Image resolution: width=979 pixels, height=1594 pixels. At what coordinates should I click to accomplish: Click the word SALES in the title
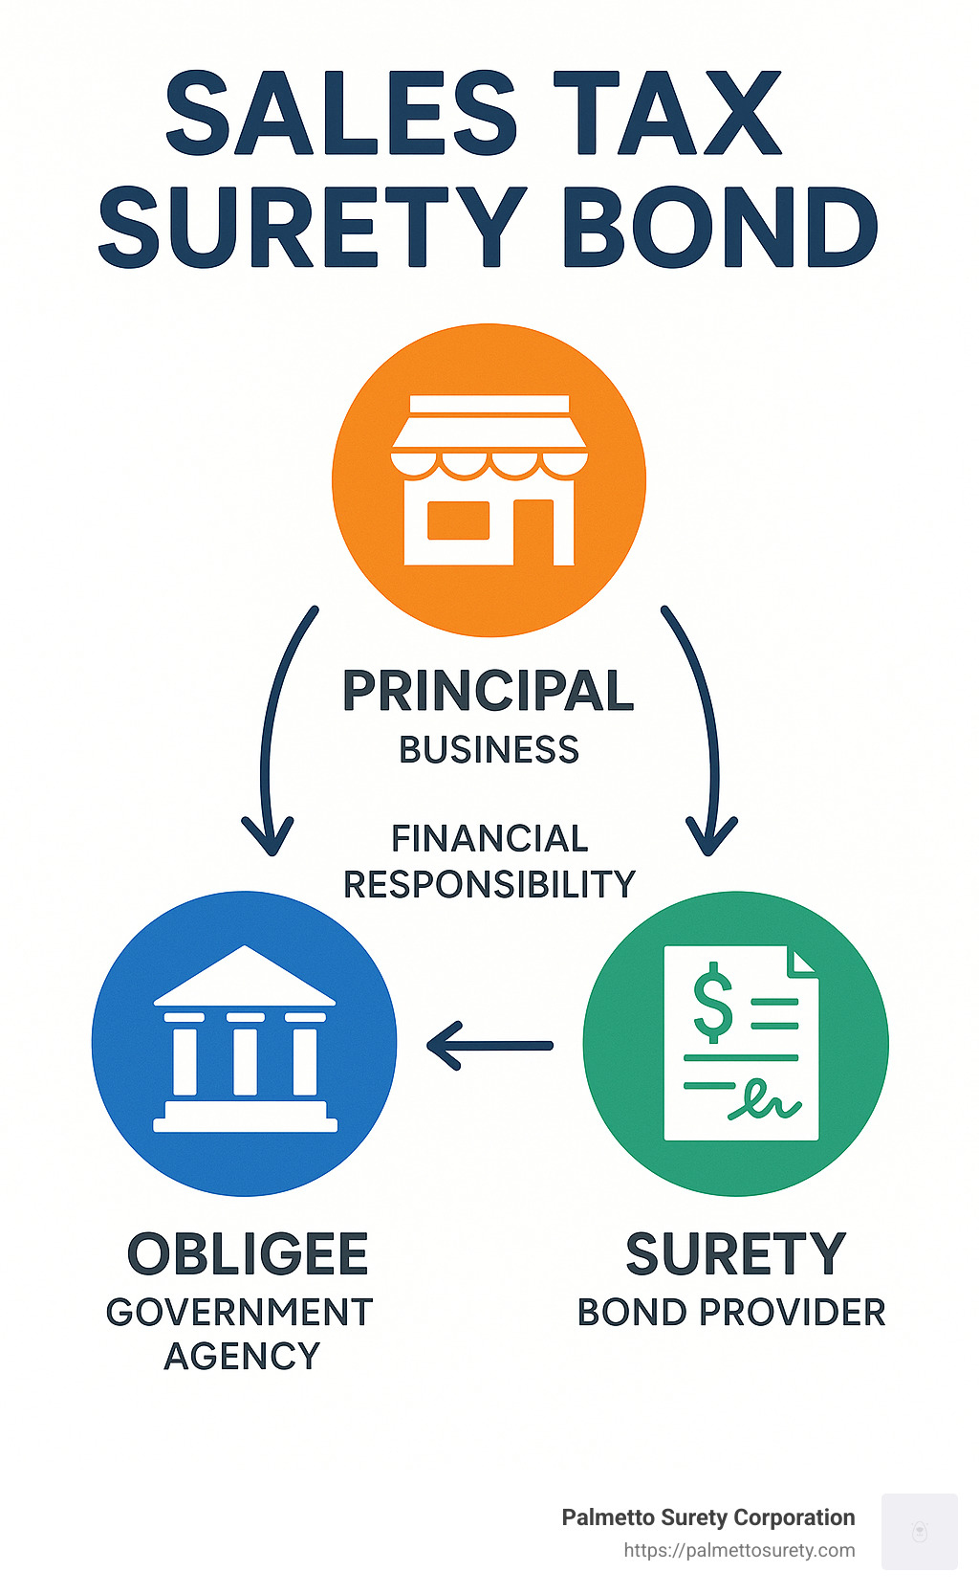[x=341, y=113]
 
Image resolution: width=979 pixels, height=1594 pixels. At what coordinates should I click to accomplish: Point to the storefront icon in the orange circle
[x=489, y=480]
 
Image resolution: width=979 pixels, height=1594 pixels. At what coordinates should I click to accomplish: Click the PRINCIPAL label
[x=489, y=690]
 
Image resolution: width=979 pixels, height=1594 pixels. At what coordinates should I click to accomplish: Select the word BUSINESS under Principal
[x=489, y=750]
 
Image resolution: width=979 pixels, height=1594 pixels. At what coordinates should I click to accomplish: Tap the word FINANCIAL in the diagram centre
[x=489, y=838]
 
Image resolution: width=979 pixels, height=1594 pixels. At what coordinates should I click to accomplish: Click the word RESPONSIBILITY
[x=489, y=884]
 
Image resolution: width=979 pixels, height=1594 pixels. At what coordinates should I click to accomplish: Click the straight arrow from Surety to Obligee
[x=489, y=1046]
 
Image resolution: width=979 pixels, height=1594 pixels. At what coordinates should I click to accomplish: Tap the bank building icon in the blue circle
[x=246, y=1038]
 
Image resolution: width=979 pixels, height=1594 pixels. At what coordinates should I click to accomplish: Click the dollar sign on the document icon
[x=712, y=1002]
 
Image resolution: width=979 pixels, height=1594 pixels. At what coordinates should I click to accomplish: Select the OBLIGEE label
[x=248, y=1254]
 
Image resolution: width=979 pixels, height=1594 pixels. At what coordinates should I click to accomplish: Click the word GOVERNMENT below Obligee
[x=240, y=1312]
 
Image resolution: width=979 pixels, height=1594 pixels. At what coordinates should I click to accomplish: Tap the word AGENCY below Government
[x=243, y=1357]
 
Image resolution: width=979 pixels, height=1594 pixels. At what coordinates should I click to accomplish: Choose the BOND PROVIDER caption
[x=731, y=1312]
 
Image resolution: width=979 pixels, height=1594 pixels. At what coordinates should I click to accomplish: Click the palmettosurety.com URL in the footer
[x=739, y=1551]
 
